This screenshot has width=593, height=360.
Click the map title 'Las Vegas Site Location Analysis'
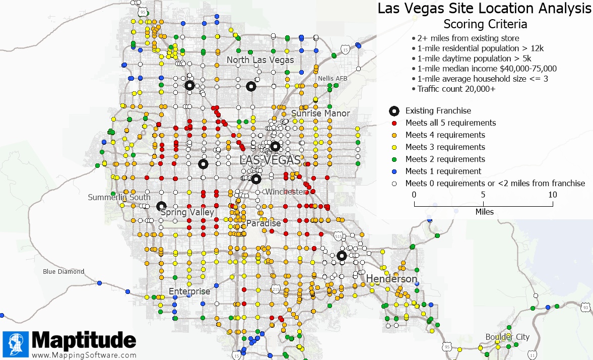484,9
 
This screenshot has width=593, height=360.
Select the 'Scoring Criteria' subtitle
485,24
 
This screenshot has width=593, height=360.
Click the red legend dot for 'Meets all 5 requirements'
395,123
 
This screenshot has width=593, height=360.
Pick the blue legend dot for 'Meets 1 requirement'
395,171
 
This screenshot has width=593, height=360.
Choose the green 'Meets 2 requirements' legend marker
395,159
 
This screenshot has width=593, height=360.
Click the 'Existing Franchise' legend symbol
395,111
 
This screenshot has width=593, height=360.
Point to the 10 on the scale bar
552,195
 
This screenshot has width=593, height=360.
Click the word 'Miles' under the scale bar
484,212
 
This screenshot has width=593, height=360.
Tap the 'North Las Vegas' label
260,60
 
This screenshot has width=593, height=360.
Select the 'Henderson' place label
391,279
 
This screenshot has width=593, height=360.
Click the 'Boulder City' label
507,337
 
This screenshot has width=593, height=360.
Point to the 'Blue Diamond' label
63,271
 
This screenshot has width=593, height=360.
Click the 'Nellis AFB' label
333,79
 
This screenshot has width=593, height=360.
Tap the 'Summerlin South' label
119,197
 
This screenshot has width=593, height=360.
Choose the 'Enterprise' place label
189,291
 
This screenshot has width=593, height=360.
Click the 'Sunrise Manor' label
320,113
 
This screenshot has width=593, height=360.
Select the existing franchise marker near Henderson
341,256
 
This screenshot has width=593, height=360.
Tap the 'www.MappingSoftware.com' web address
84,354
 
